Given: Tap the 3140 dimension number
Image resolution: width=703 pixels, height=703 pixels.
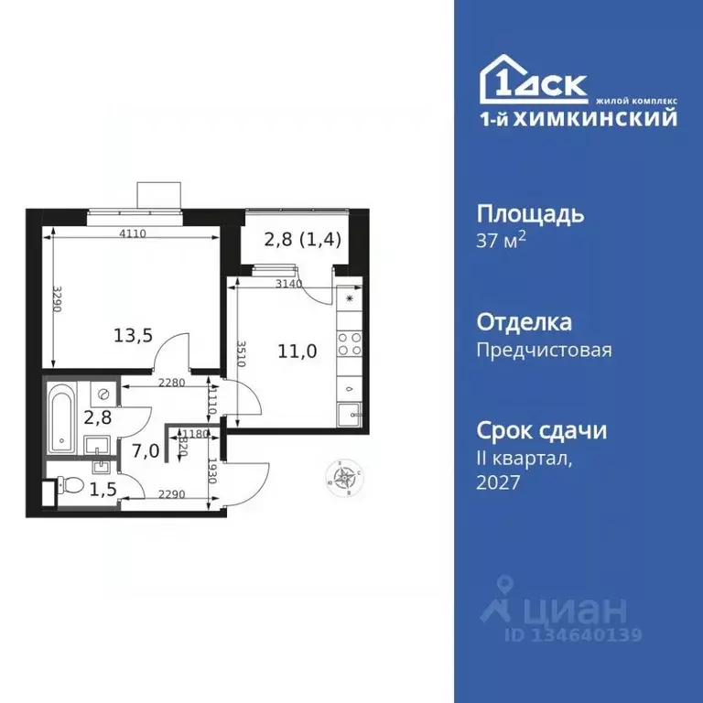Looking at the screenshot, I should coord(289,284).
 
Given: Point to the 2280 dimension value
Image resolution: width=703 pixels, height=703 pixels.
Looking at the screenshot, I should coord(171,383).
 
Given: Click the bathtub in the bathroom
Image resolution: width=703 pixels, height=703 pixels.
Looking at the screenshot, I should coord(61,418).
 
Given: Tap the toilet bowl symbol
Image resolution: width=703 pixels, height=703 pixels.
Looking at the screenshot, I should coord(74,484).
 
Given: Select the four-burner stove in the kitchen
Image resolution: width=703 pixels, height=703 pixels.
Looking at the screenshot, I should coord(349,344).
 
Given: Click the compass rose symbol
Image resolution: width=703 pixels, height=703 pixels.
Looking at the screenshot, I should coord(346,476).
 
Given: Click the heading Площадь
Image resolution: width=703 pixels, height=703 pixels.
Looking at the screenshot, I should coord(531,214).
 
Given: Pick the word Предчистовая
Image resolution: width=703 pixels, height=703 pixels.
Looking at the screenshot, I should coord(545,350).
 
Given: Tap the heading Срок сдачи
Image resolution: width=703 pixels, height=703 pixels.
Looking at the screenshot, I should coord(542,431).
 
